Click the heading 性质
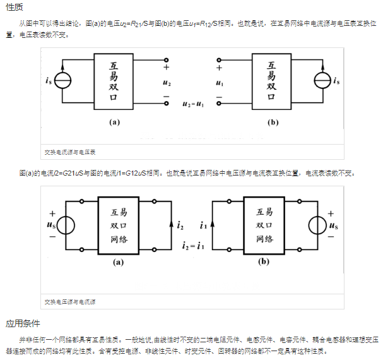(x=15, y=7)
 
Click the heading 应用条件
(x=23, y=324)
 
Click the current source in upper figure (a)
(x=62, y=81)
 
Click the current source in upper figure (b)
(x=322, y=81)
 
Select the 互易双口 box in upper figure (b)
(x=272, y=81)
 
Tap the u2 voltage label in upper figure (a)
(x=166, y=83)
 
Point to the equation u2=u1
(x=192, y=104)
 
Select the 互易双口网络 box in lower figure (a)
(x=119, y=225)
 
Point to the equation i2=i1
(x=193, y=246)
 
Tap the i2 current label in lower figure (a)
(x=180, y=225)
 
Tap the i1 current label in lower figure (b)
(x=203, y=225)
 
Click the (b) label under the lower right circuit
(x=264, y=260)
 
